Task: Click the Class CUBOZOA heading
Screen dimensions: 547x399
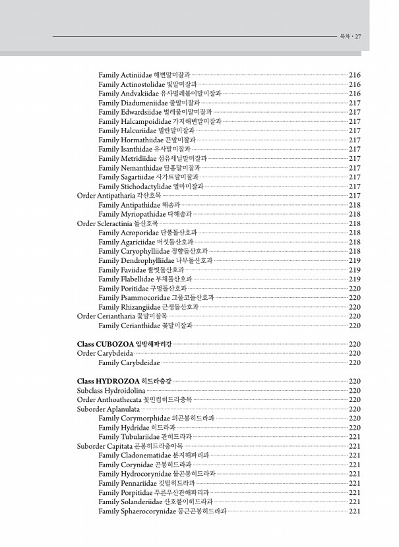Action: point(124,344)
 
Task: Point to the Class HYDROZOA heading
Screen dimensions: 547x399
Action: point(124,381)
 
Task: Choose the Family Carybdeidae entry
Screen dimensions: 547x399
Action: point(129,362)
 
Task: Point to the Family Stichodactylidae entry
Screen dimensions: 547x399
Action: point(150,187)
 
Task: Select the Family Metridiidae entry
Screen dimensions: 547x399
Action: point(152,159)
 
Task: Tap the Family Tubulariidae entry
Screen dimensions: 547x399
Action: point(144,436)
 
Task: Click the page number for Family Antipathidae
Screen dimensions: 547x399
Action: point(354,205)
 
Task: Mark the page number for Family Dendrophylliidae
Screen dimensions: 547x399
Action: point(354,260)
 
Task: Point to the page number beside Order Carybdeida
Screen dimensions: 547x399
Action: point(354,353)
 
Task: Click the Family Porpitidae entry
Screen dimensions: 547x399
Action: point(153,492)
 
